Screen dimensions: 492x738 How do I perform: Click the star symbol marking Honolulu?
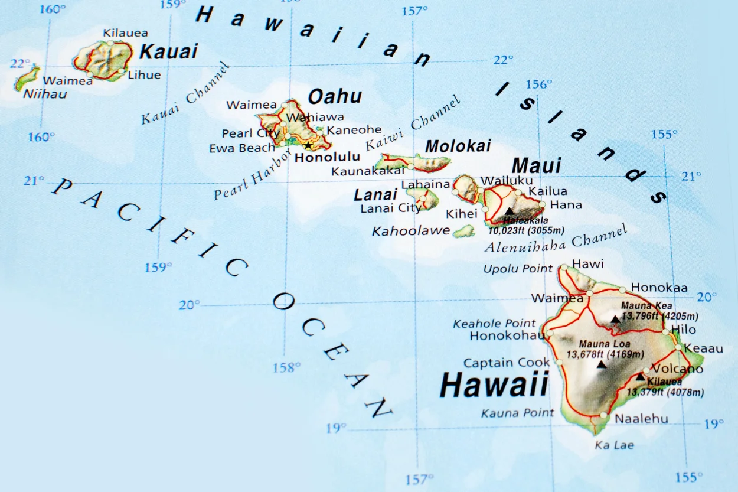(308, 145)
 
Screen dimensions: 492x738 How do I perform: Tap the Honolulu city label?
(327, 158)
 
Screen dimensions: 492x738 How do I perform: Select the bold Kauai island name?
(168, 51)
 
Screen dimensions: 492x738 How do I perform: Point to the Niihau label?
(45, 94)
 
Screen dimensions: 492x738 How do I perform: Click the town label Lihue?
(144, 75)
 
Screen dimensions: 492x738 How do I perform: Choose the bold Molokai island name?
(458, 146)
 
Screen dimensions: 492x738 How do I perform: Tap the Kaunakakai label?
(368, 171)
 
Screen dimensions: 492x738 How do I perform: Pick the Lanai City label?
(391, 208)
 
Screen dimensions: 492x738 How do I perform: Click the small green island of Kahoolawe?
(464, 230)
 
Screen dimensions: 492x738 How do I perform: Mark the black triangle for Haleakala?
(509, 211)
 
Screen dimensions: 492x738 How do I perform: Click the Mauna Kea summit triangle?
(615, 319)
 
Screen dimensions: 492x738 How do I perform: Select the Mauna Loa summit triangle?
(602, 364)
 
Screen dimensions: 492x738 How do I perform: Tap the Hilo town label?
(684, 330)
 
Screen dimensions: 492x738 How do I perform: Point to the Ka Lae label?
(614, 445)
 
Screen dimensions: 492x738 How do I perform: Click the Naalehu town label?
(642, 419)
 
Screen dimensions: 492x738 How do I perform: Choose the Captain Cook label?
(507, 363)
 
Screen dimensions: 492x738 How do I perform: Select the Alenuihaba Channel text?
(556, 240)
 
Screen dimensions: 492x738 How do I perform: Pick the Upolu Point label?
(518, 269)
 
